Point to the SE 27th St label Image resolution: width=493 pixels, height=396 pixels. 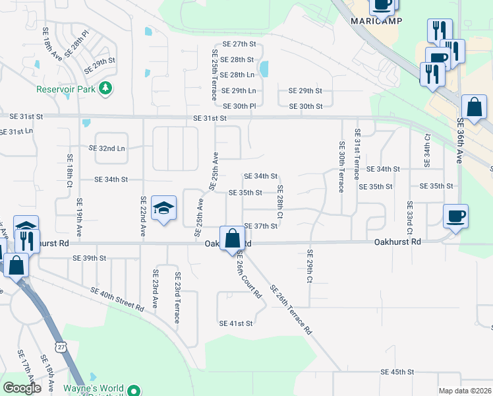point(239,44)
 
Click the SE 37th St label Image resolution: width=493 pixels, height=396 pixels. point(260,226)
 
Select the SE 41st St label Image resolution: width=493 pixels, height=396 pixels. point(236,323)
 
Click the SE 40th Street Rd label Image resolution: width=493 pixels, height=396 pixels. point(117,300)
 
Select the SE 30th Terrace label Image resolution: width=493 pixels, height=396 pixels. point(341,167)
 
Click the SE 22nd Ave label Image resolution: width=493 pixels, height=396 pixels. point(142,217)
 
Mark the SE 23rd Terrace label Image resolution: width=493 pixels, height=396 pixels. point(177,298)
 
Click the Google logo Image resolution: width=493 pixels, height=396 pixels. point(22,388)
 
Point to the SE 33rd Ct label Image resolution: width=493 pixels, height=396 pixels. point(410,218)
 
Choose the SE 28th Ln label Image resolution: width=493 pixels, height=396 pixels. point(237,76)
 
